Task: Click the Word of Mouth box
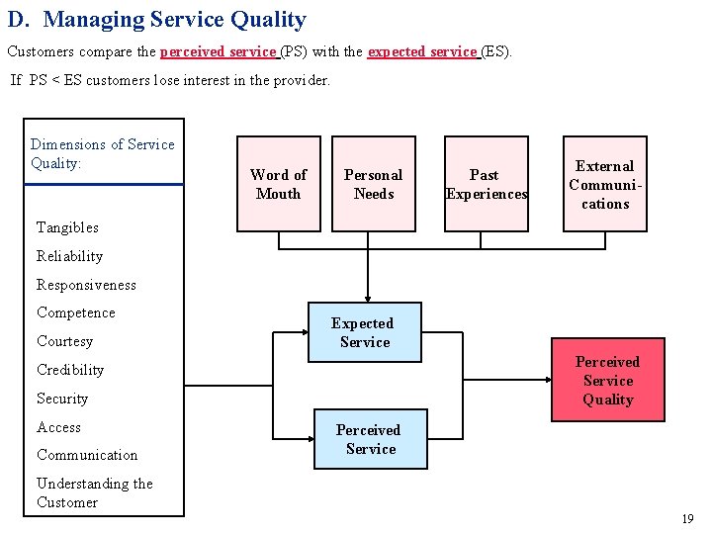coord(279,184)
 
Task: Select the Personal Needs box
coord(373,184)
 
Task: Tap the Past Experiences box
coord(486,184)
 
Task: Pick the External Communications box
coord(604,184)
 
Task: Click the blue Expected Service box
coord(364,332)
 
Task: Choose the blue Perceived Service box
coord(369,439)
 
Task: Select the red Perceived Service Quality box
coord(607,381)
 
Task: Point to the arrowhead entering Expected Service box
coord(367,297)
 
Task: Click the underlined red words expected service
coord(423,50)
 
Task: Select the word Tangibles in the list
coord(67,227)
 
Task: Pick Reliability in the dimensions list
coord(69,256)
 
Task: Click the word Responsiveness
coord(86,285)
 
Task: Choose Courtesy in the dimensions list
coord(64,341)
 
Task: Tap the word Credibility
coord(69,370)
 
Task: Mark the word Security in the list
coord(62,399)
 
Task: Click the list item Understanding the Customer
coord(94,492)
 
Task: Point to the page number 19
coord(687,519)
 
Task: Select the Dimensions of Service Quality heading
coord(102,154)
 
